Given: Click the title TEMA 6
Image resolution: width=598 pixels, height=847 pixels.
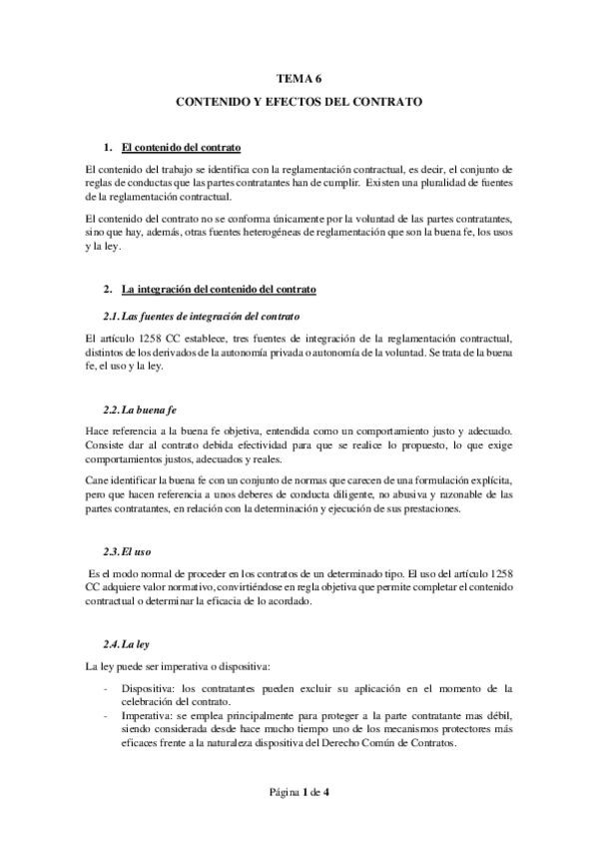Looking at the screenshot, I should pos(299,76).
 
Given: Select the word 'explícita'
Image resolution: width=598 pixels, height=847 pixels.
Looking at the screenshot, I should pos(489,480).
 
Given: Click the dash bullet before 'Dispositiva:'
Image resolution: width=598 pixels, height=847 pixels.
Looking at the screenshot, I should pos(106,688).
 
